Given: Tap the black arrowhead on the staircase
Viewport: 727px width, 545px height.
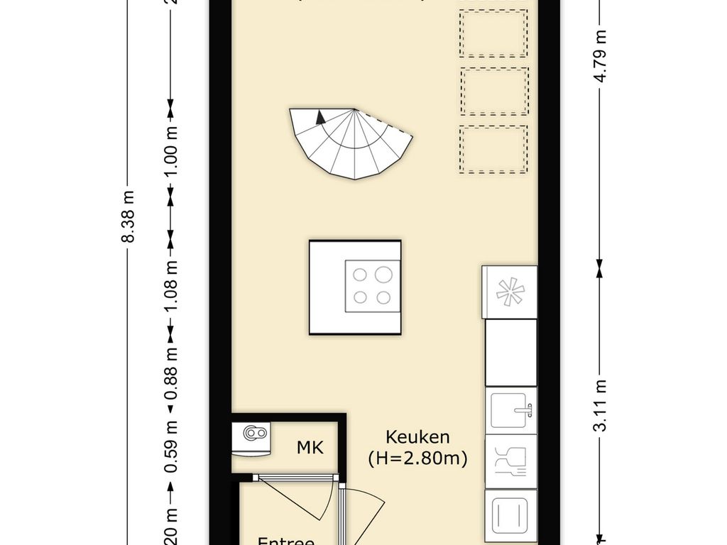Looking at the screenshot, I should tap(321, 117).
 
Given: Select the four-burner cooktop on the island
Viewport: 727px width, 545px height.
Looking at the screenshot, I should tap(372, 286).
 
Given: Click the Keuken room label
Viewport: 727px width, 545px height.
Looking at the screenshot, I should tap(417, 436).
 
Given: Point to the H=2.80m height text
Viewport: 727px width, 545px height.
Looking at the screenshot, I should tap(417, 458).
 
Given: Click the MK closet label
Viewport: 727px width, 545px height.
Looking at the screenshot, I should tap(310, 448).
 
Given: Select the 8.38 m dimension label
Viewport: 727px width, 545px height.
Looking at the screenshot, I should tap(129, 216).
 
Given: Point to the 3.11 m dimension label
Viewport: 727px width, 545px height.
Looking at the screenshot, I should tap(600, 405).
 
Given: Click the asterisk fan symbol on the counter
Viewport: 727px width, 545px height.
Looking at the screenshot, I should tap(509, 292).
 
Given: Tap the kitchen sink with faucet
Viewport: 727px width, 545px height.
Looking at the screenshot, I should tap(510, 410).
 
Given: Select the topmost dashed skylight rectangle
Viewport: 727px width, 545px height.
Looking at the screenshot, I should tap(493, 33).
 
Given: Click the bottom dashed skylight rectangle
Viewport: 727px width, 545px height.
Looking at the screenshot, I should tap(493, 149).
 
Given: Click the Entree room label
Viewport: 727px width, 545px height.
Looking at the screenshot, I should tap(285, 541).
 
